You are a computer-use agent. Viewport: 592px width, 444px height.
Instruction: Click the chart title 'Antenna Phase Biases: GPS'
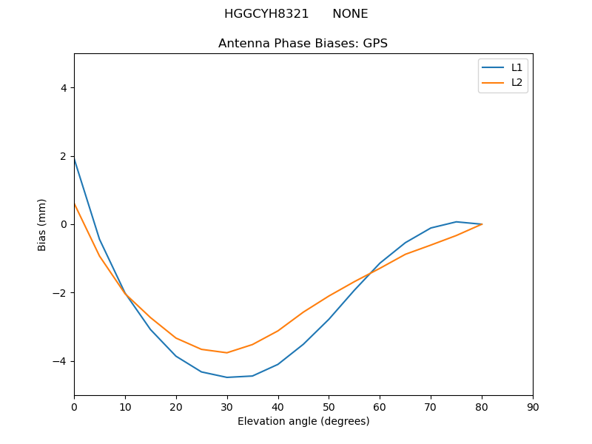click(x=303, y=44)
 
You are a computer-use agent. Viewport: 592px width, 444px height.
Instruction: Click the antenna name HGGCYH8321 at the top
click(x=267, y=14)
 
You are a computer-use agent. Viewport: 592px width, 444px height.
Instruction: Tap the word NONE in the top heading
click(x=350, y=14)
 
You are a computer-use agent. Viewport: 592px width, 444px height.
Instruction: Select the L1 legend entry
click(x=517, y=67)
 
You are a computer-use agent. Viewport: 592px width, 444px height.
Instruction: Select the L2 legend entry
click(x=517, y=82)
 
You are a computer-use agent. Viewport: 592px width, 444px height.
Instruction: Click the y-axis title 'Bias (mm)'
click(x=42, y=224)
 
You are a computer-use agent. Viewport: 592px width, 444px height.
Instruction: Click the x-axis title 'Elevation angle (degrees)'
click(x=303, y=422)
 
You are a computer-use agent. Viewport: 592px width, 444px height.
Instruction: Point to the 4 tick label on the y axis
click(x=64, y=88)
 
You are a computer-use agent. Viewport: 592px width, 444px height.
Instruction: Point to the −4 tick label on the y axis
click(x=60, y=361)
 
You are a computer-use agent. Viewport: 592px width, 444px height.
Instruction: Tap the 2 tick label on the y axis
click(x=64, y=156)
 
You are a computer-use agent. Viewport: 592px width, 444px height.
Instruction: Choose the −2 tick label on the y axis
click(x=60, y=293)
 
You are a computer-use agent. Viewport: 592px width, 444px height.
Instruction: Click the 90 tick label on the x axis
click(x=533, y=406)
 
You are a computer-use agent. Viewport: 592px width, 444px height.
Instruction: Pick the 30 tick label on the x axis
click(x=227, y=406)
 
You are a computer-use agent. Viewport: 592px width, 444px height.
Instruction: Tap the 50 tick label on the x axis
click(x=329, y=406)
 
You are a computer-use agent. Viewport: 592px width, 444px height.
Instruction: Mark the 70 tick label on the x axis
click(x=431, y=406)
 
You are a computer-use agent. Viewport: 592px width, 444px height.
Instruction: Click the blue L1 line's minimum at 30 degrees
click(x=227, y=377)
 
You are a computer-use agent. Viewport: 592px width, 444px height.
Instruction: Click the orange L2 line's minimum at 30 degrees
click(x=227, y=352)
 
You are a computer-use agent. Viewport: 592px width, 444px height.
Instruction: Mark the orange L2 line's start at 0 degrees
click(x=75, y=203)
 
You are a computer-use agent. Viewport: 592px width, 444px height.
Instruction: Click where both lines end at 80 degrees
click(x=482, y=224)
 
